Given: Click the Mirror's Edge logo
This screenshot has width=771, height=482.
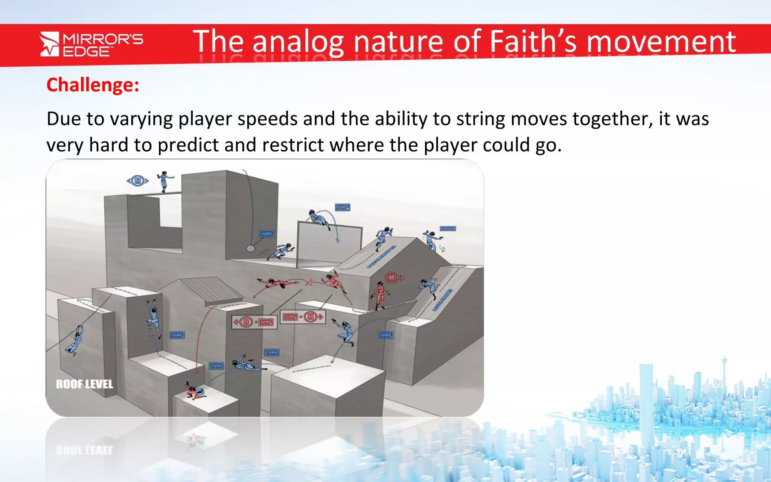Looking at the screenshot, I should tap(91, 44).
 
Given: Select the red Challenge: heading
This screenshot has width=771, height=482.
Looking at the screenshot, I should tap(93, 85).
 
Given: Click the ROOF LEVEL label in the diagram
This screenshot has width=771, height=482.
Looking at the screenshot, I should tap(84, 384).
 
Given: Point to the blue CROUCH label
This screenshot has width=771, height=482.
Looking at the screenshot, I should tap(448, 229).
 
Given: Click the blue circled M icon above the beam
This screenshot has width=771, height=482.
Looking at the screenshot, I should tap(138, 181).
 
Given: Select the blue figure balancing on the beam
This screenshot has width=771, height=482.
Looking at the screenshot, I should tap(164, 181).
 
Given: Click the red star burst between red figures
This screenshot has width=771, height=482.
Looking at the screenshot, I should tap(309, 282).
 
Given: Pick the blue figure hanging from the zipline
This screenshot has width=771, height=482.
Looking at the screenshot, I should tap(75, 340).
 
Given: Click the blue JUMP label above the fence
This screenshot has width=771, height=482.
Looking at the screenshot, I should tap(342, 207).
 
